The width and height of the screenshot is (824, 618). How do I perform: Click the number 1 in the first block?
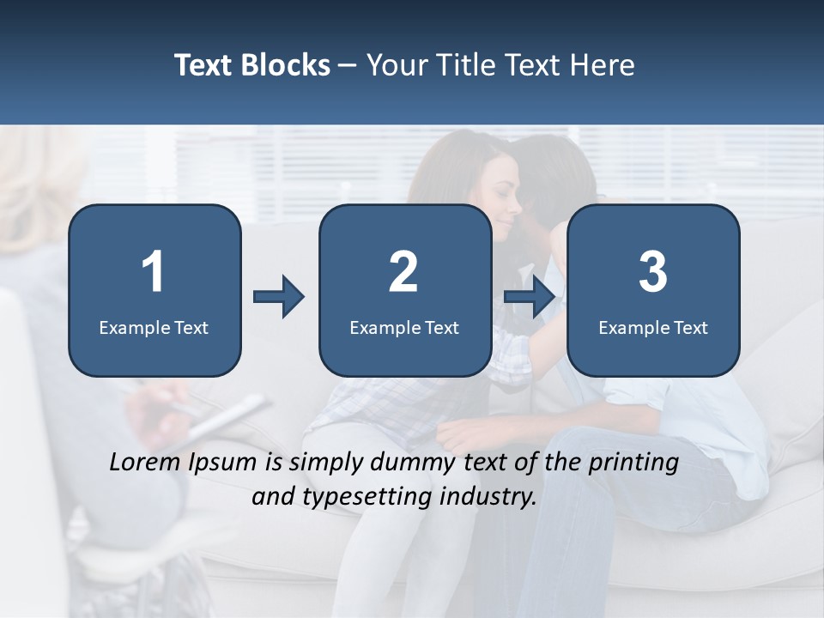153,272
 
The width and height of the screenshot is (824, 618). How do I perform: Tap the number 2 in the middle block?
403,272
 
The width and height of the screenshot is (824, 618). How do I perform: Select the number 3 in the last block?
653,272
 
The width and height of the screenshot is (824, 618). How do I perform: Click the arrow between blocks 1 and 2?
279,298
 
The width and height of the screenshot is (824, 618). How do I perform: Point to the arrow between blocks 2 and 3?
529,298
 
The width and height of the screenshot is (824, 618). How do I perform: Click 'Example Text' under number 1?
154,327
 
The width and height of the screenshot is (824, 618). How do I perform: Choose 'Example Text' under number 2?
404,327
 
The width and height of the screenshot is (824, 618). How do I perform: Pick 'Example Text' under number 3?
653,327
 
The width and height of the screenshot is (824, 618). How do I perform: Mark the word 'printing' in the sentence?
633,463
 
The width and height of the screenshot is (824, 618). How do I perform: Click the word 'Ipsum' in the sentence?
225,463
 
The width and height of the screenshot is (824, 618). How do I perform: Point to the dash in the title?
348,66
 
